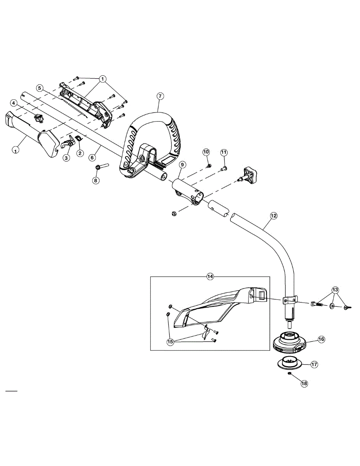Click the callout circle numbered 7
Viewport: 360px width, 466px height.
(160, 96)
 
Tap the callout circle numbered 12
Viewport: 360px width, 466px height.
(273, 216)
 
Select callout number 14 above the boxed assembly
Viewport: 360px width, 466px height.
(210, 276)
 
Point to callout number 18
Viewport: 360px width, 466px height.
(304, 383)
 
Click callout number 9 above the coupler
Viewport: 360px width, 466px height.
(182, 165)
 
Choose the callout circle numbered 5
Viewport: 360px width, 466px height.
(40, 88)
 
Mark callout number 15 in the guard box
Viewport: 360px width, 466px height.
(170, 342)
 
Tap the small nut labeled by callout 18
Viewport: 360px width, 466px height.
(289, 374)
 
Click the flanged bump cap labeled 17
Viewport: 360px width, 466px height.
(290, 365)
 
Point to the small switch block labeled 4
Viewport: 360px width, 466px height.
(38, 118)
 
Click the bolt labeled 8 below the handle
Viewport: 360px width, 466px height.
(102, 167)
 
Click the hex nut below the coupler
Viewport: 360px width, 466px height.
(174, 214)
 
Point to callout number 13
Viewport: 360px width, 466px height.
(336, 290)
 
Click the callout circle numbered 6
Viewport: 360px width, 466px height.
(92, 158)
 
